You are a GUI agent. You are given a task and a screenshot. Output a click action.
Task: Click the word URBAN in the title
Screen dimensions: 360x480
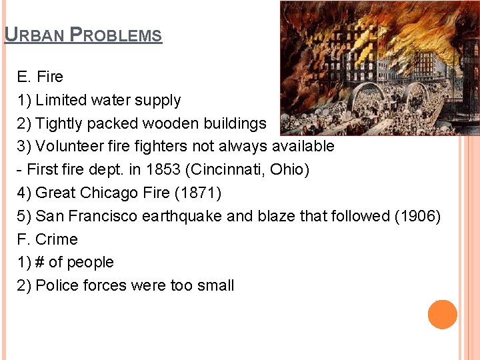click(x=33, y=35)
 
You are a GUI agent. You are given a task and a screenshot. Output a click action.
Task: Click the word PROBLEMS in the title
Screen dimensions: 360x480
click(x=116, y=35)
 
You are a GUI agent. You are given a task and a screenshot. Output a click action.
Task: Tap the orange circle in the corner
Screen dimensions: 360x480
click(x=443, y=314)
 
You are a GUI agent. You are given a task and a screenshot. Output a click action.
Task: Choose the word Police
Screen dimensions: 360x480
click(x=57, y=285)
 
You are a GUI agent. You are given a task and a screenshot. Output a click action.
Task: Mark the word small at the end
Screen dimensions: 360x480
click(x=215, y=285)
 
